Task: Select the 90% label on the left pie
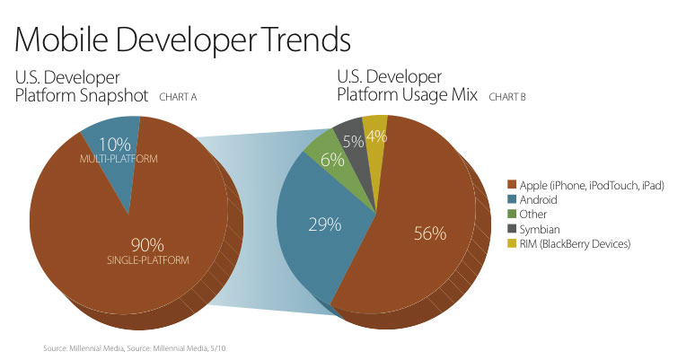pos(147,244)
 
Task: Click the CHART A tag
pos(177,96)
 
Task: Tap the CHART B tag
pos(509,96)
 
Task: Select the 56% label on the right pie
pos(429,233)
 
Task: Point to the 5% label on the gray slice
pos(352,141)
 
